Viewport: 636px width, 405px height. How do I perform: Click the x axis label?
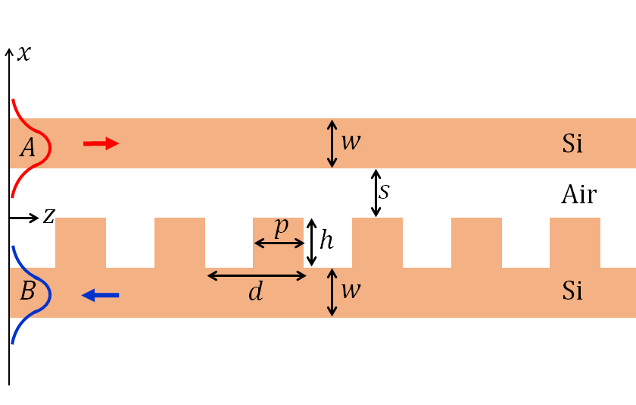point(25,54)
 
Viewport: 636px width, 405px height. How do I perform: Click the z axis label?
point(48,217)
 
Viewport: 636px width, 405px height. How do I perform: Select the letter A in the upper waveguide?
point(27,148)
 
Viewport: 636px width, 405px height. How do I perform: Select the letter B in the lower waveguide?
point(27,291)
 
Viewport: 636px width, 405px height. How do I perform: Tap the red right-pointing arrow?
point(101,143)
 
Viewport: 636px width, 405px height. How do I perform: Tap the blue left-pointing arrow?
point(100,295)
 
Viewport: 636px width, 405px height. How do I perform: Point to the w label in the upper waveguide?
point(350,142)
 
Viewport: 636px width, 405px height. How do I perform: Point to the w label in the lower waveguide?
point(350,290)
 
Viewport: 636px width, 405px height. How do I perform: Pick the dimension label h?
point(326,240)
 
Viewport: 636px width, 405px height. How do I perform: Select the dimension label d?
point(256,292)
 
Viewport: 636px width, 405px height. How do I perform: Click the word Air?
point(579,195)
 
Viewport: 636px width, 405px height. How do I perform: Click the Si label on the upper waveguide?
point(572,143)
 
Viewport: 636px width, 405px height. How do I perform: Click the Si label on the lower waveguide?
point(572,290)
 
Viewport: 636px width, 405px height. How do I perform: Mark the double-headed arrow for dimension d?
point(257,275)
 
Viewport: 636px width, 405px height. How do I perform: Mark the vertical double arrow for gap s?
point(376,193)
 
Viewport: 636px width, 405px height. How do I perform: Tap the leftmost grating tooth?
point(81,243)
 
